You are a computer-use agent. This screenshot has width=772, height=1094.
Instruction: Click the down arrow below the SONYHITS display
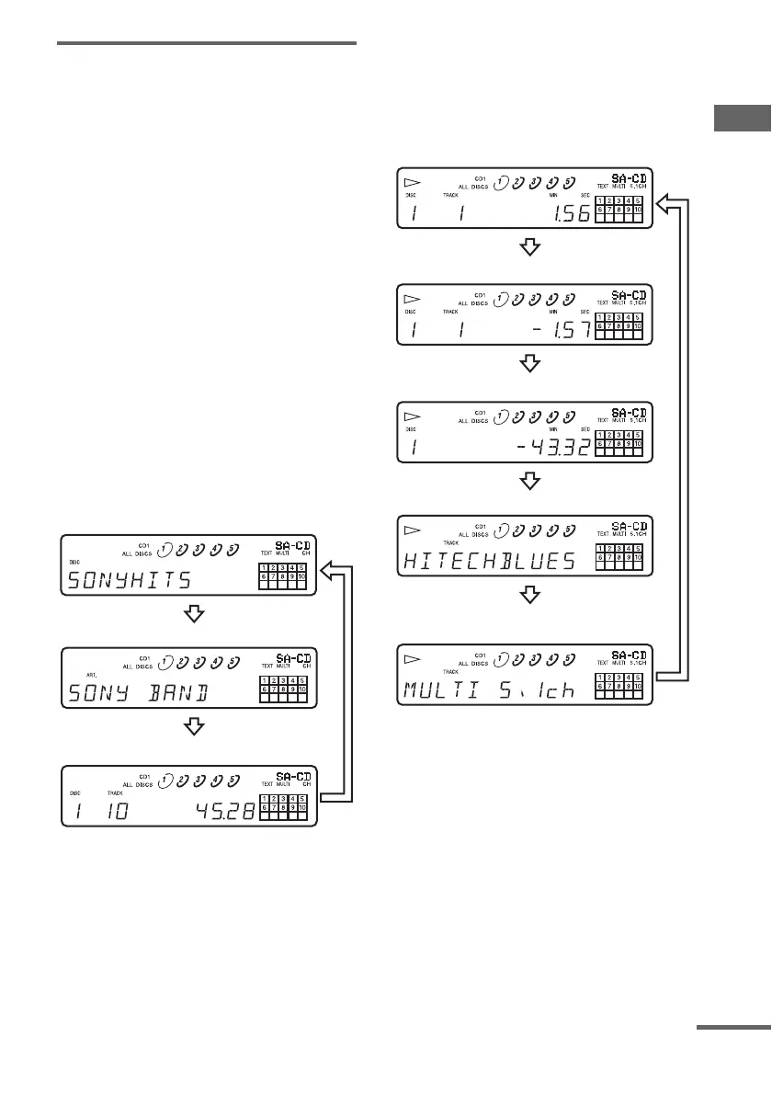[194, 613]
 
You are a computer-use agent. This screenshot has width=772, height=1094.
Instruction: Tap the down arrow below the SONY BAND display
[194, 727]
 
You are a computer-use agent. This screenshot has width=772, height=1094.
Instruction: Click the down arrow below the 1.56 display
[528, 247]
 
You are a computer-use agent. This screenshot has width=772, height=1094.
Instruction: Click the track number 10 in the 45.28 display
[117, 809]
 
